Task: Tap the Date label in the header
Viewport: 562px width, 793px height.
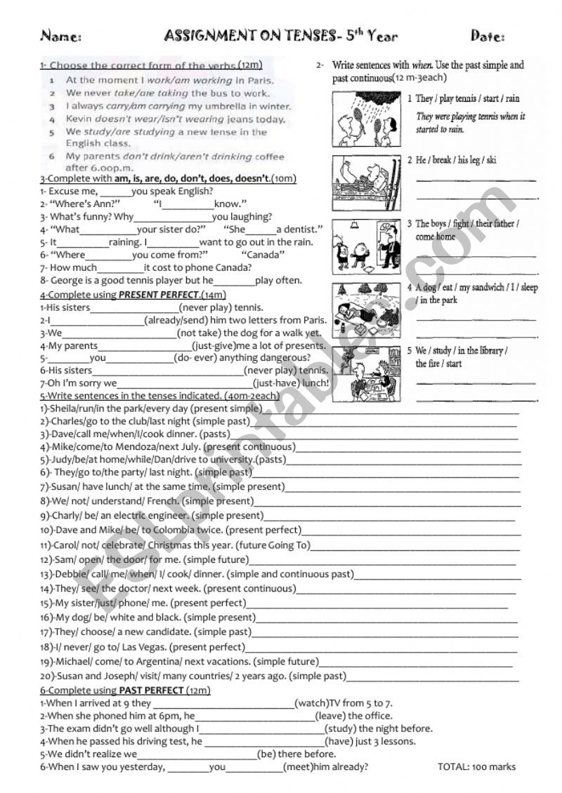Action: [487, 36]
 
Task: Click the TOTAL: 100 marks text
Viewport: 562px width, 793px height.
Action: [476, 766]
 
